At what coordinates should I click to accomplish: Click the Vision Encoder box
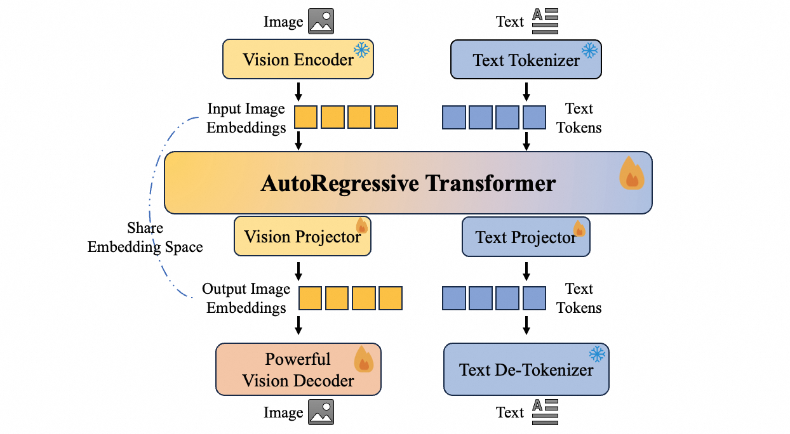[x=297, y=60]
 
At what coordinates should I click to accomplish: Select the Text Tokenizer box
[x=525, y=60]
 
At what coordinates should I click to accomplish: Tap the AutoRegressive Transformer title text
[x=408, y=183]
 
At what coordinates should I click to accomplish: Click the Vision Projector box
[x=302, y=237]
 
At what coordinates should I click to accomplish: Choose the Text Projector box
[x=525, y=237]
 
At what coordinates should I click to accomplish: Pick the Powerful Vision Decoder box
[x=298, y=369]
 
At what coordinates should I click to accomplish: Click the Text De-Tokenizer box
[x=526, y=369]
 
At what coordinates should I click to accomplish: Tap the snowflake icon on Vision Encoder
[x=362, y=50]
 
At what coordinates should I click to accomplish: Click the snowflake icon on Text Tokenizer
[x=590, y=50]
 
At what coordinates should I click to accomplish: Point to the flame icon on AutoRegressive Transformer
[x=631, y=173]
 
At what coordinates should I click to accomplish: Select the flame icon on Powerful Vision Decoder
[x=363, y=358]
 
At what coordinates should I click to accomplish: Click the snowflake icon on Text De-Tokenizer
[x=597, y=354]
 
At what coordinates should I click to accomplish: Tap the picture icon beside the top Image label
[x=321, y=22]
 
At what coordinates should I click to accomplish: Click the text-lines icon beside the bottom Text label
[x=545, y=412]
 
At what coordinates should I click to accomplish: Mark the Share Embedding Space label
[x=145, y=237]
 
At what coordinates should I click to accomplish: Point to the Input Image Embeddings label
[x=246, y=118]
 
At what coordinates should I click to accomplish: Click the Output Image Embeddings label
[x=246, y=298]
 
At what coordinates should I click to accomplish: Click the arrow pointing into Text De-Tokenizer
[x=526, y=325]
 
